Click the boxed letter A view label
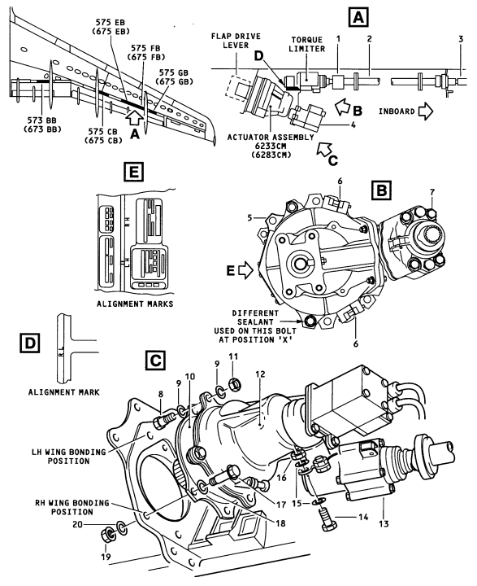click(x=358, y=18)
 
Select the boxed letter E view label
click(x=133, y=173)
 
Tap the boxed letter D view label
click(x=29, y=343)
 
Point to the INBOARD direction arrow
click(x=425, y=111)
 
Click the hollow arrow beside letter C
click(x=323, y=149)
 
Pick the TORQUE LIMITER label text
click(x=308, y=44)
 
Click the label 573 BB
click(x=41, y=120)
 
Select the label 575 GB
click(x=174, y=72)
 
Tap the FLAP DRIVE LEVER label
click(x=236, y=41)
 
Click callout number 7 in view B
click(x=431, y=192)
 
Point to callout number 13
click(x=384, y=523)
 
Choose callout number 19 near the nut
click(x=106, y=557)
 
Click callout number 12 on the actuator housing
click(x=260, y=374)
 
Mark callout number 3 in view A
click(x=461, y=38)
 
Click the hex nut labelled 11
click(x=234, y=384)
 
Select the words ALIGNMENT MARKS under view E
click(x=135, y=304)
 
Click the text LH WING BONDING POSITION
click(x=69, y=457)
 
